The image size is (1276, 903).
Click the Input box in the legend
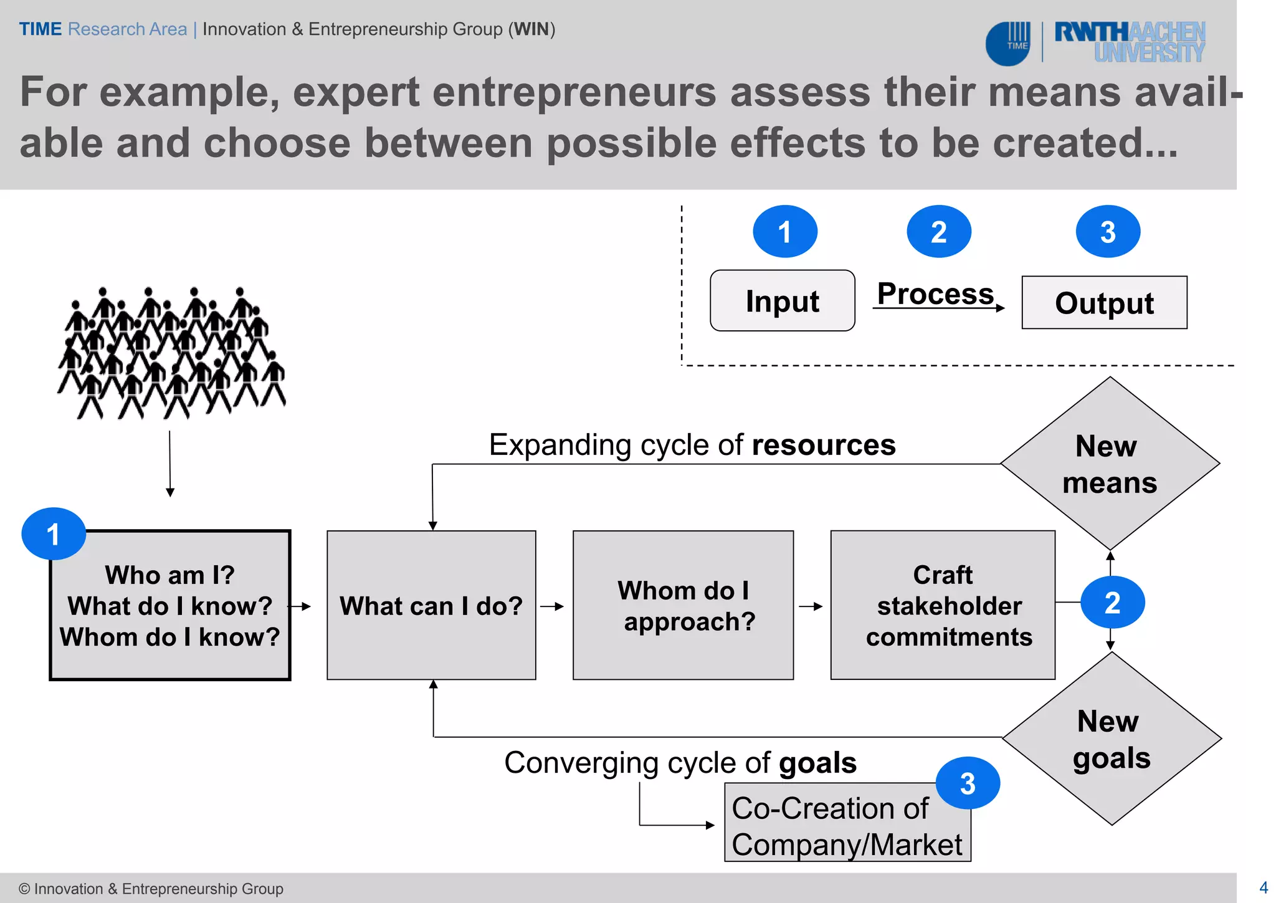point(782,300)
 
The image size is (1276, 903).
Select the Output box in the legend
point(1104,303)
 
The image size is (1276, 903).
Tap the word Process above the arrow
point(935,293)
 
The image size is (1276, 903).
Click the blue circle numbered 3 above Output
point(1108,232)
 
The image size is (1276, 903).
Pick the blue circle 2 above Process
point(938,232)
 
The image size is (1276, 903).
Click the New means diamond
point(1110,464)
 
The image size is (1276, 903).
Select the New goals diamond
point(1112,739)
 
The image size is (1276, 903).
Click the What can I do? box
point(431,605)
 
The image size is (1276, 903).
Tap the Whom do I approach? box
point(683,605)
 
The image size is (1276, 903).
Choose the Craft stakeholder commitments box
point(942,605)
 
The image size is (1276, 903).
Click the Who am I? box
point(170,605)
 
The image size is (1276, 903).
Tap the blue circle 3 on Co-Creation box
point(968,783)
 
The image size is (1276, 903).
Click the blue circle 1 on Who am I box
point(54,534)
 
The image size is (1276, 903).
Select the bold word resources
point(823,445)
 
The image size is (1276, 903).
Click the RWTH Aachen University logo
point(1129,42)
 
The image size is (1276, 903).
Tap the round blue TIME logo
point(1009,44)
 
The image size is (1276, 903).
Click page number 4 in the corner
point(1264,887)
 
